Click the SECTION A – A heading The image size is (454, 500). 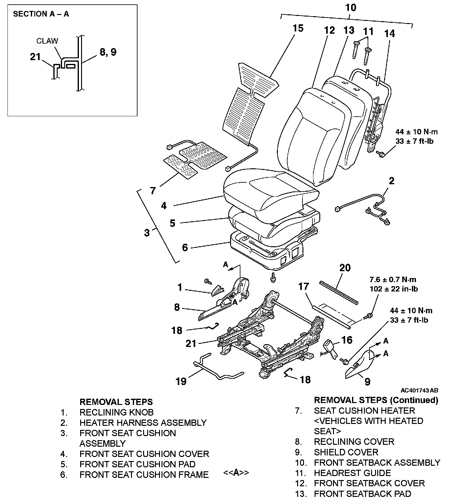pos(41,14)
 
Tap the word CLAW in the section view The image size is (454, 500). pos(47,41)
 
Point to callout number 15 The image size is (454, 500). pos(298,28)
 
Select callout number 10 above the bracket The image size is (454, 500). pos(351,8)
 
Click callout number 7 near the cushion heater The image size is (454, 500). pos(153,190)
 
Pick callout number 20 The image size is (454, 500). pos(345,268)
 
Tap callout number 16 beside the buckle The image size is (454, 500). pos(347,340)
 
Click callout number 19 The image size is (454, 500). pos(181,381)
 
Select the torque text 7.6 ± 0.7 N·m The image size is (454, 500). pos(393,280)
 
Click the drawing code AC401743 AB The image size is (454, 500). pos(419,390)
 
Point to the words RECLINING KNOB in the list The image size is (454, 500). pos(117,412)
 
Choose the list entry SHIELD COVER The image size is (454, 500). pos(346,452)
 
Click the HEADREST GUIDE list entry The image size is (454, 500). pos(352,473)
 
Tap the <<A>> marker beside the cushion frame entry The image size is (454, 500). pos(236,473)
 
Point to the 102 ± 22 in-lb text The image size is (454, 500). pos(394,289)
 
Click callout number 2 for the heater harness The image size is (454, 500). pos(391,181)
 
